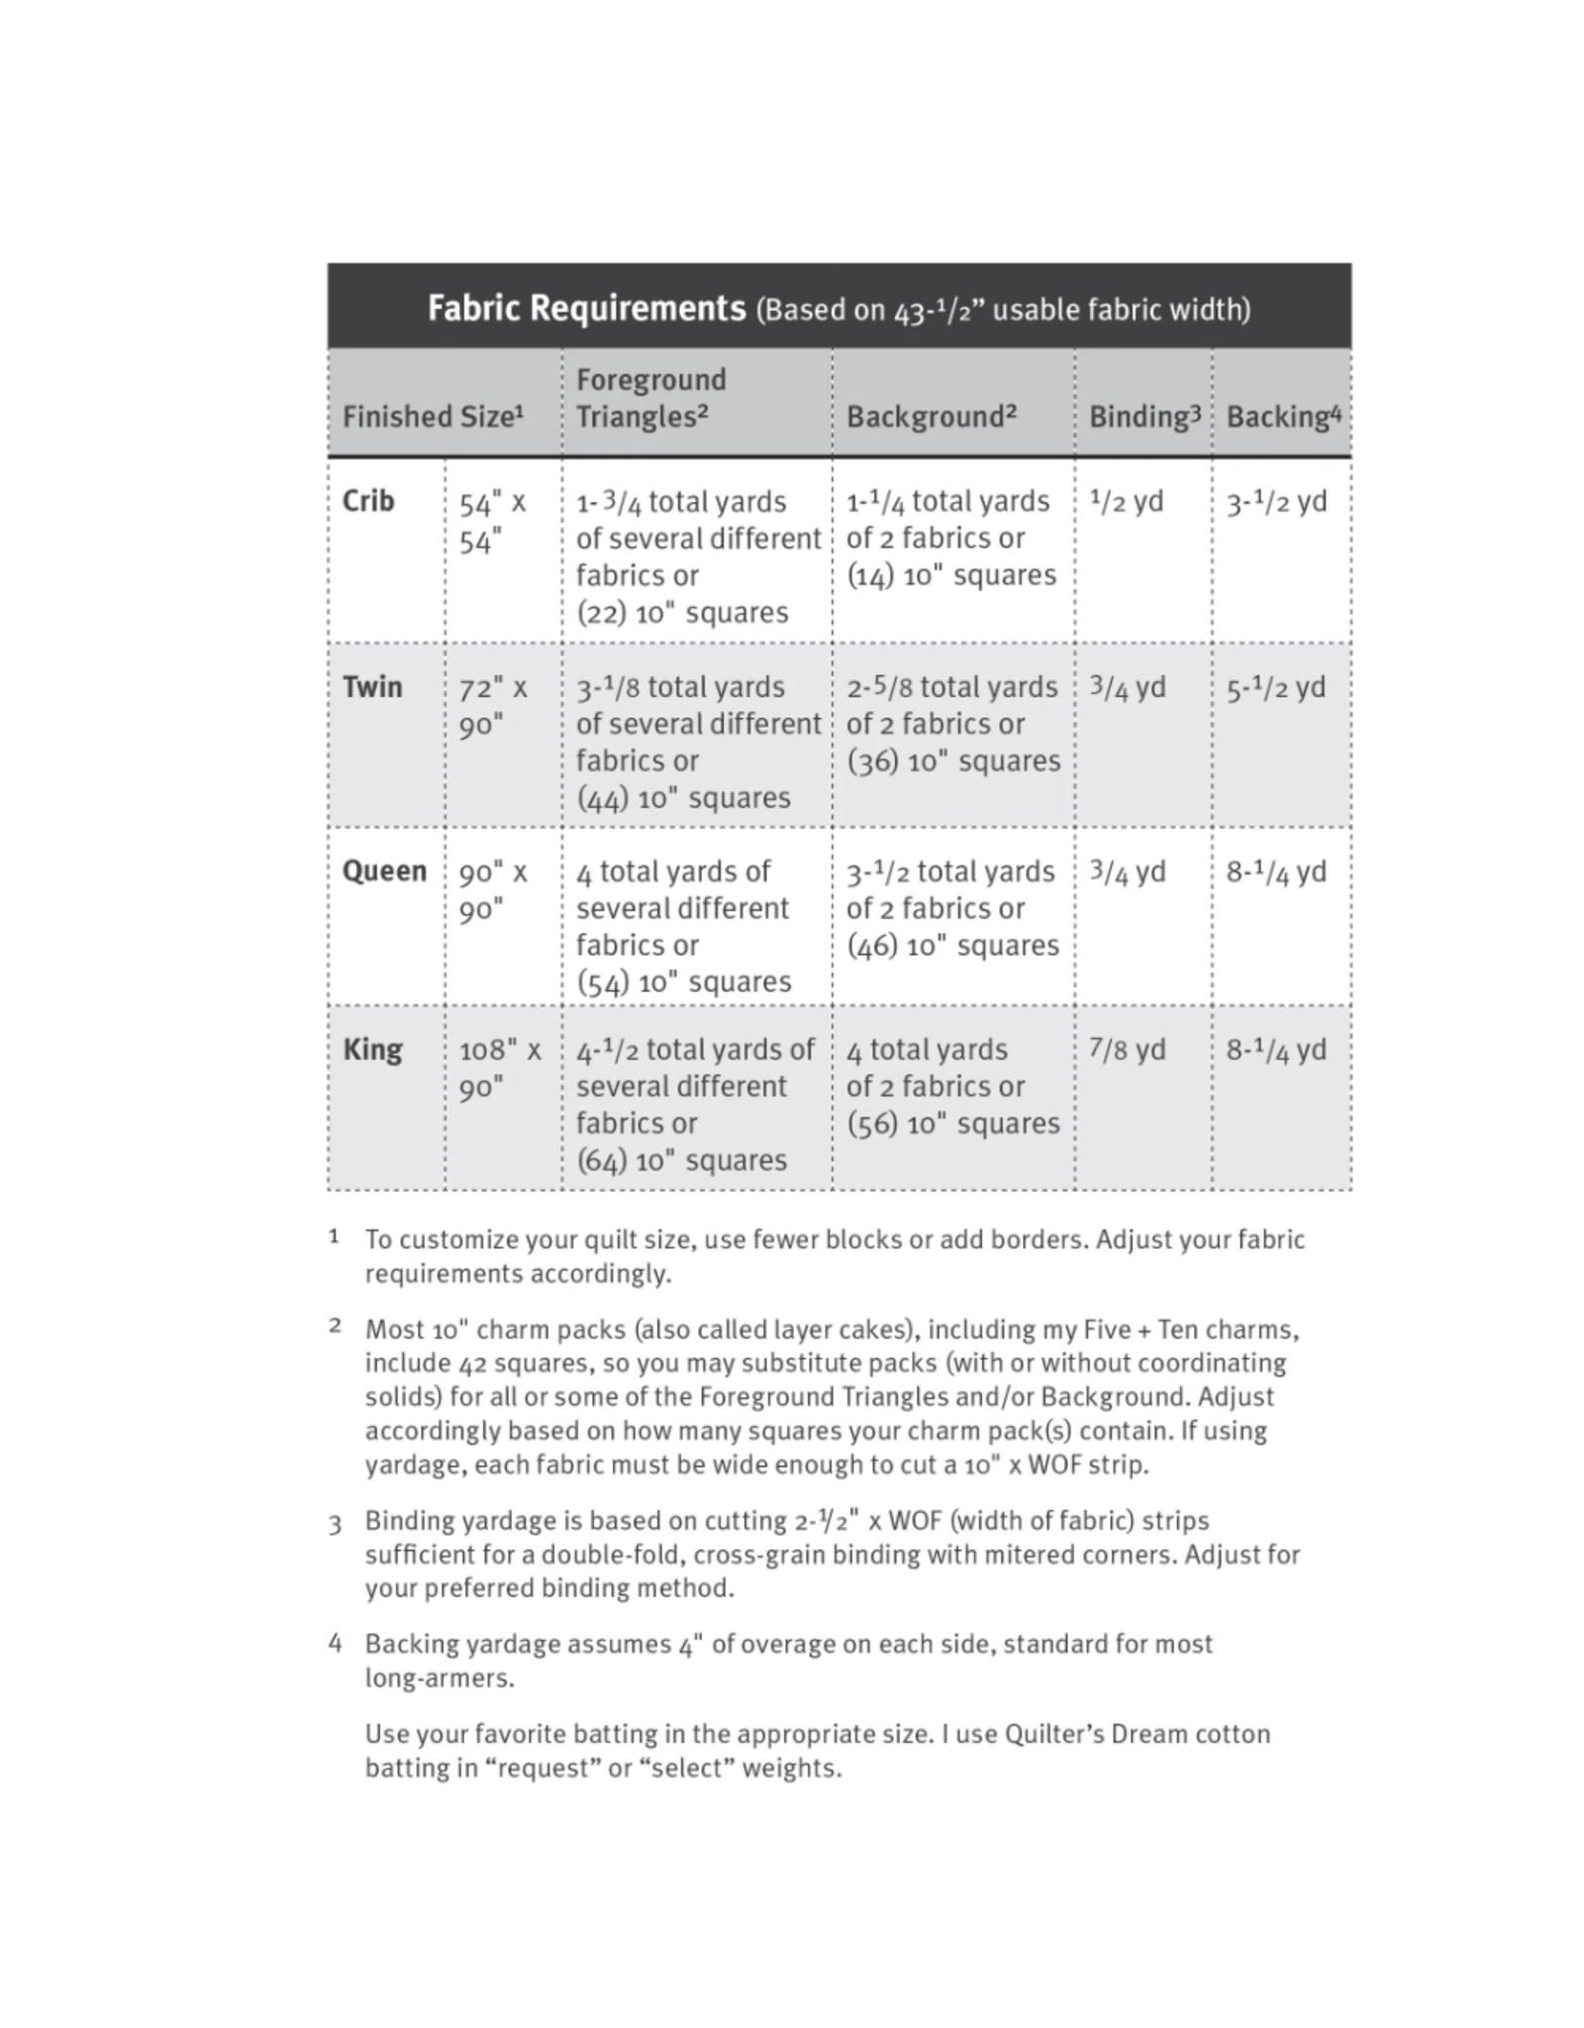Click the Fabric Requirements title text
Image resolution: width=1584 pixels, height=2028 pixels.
pyautogui.click(x=586, y=308)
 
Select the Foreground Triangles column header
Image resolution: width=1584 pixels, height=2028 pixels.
pyautogui.click(x=651, y=398)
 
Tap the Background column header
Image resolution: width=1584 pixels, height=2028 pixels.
pyautogui.click(x=931, y=417)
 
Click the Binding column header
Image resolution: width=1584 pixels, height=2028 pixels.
pyautogui.click(x=1143, y=417)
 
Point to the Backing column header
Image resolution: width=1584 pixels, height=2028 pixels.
pyautogui.click(x=1283, y=417)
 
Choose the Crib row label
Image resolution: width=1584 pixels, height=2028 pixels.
pyautogui.click(x=368, y=501)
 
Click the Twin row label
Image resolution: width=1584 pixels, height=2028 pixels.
pyautogui.click(x=372, y=687)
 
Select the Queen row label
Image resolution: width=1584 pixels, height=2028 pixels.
pyautogui.click(x=384, y=871)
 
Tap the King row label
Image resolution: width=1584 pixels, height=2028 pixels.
pyautogui.click(x=372, y=1050)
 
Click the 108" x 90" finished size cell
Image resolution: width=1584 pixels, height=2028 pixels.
pyautogui.click(x=500, y=1068)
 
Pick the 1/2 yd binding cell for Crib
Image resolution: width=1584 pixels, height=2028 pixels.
pyautogui.click(x=1126, y=501)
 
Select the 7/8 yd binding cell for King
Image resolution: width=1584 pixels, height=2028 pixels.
pyautogui.click(x=1127, y=1050)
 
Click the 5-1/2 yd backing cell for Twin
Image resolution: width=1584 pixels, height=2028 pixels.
pyautogui.click(x=1276, y=688)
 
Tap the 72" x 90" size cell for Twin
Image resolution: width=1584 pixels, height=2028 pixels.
pyautogui.click(x=493, y=706)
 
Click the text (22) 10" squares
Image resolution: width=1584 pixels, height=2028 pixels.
pyautogui.click(x=682, y=613)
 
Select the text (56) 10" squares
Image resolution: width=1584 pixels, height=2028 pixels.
pyautogui.click(x=952, y=1124)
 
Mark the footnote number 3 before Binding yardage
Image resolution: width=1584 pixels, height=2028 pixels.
pyautogui.click(x=336, y=1524)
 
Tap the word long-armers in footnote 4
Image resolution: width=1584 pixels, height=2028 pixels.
pyautogui.click(x=439, y=1677)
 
